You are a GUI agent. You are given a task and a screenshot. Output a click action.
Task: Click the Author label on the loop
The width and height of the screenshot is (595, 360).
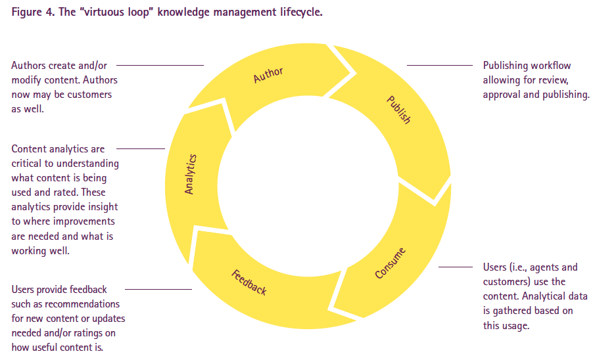pyautogui.click(x=268, y=75)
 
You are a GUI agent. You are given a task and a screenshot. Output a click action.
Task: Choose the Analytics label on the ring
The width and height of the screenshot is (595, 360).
pyautogui.click(x=190, y=173)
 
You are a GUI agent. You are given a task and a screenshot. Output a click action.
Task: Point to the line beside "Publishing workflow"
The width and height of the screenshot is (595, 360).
pyautogui.click(x=440, y=66)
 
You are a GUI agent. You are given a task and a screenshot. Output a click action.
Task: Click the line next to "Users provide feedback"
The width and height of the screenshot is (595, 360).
pyautogui.click(x=158, y=289)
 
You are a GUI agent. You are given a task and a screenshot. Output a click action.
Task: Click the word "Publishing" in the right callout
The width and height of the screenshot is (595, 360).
pyautogui.click(x=505, y=66)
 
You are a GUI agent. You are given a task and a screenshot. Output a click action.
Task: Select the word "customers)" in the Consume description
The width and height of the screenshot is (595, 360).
pyautogui.click(x=506, y=282)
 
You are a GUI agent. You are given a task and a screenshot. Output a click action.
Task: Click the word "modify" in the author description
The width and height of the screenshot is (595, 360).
pyautogui.click(x=26, y=80)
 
